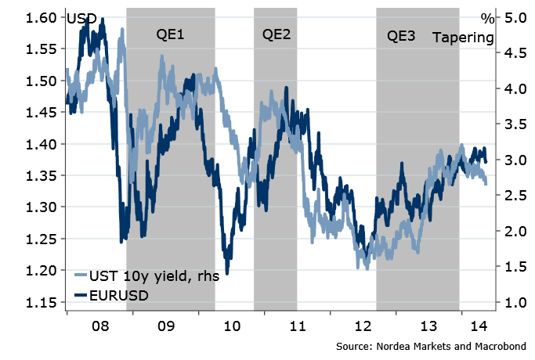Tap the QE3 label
[x=401, y=36]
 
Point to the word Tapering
[x=464, y=37]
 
